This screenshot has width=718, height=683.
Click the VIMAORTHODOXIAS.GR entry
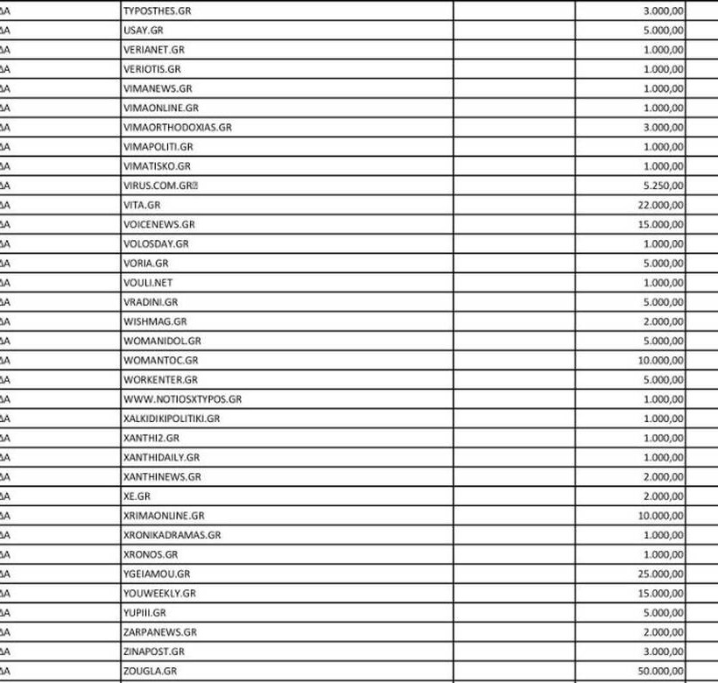177,127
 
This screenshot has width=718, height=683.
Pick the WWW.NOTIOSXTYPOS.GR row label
182,399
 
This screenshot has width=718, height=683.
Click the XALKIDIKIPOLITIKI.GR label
172,419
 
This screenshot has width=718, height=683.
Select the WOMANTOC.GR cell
161,360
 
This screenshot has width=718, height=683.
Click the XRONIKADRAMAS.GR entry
172,535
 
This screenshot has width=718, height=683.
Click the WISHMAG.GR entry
153,321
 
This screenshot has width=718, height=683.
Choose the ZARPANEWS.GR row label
160,632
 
